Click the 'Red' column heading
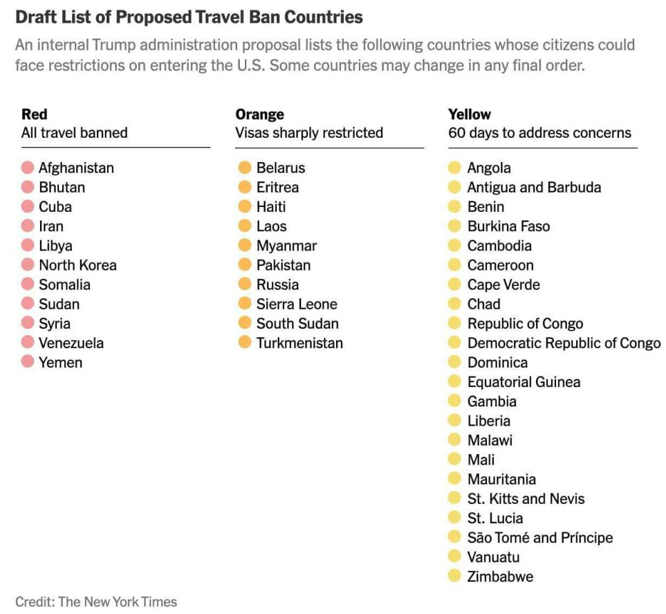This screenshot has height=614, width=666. click(35, 114)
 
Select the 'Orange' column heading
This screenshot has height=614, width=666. click(259, 114)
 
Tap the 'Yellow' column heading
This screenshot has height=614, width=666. click(470, 114)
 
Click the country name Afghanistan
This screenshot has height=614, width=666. click(76, 168)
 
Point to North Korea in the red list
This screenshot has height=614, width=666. click(77, 265)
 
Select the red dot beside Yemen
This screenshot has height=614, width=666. click(28, 362)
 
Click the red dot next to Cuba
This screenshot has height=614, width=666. click(28, 206)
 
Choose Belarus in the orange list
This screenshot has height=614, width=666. click(280, 168)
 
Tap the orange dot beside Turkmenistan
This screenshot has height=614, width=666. click(244, 343)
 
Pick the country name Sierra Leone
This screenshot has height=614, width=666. click(297, 304)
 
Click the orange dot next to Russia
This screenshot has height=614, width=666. click(244, 285)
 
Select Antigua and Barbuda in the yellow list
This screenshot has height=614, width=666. click(534, 187)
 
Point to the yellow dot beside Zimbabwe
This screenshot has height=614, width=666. click(454, 576)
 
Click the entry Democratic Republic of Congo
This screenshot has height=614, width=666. click(564, 343)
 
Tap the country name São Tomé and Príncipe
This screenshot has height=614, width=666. click(539, 537)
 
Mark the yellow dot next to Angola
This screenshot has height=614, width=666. click(454, 168)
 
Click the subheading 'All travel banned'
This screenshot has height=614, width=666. click(74, 133)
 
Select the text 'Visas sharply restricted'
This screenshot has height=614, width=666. click(308, 133)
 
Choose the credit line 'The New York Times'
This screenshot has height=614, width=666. click(118, 602)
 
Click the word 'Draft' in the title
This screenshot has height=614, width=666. click(36, 16)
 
